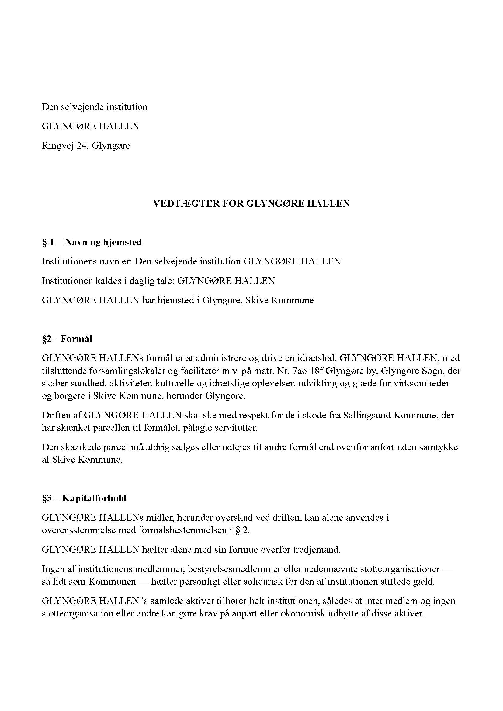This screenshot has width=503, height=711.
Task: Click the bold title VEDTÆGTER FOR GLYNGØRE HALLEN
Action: coord(251,203)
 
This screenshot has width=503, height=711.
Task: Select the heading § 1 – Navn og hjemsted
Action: coord(92,242)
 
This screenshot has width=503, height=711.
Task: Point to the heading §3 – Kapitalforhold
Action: coord(84,498)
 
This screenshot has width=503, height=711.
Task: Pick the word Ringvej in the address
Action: coord(58,146)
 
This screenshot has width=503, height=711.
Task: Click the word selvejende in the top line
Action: coord(82,107)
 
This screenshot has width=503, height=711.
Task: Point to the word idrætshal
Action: coord(313,358)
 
